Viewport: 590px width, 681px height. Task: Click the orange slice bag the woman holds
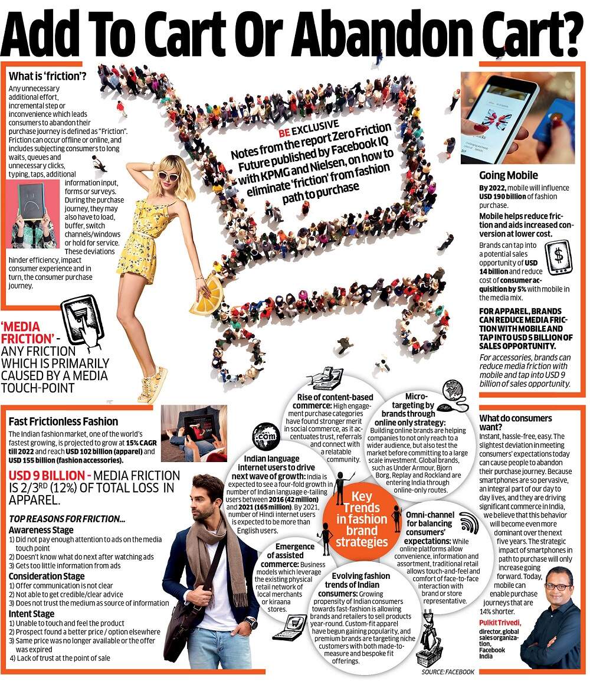206,294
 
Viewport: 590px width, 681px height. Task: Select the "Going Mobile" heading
508,175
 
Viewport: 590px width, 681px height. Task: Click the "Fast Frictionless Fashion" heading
63,422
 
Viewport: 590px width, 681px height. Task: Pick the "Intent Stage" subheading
31,613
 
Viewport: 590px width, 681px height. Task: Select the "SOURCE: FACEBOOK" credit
448,672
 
